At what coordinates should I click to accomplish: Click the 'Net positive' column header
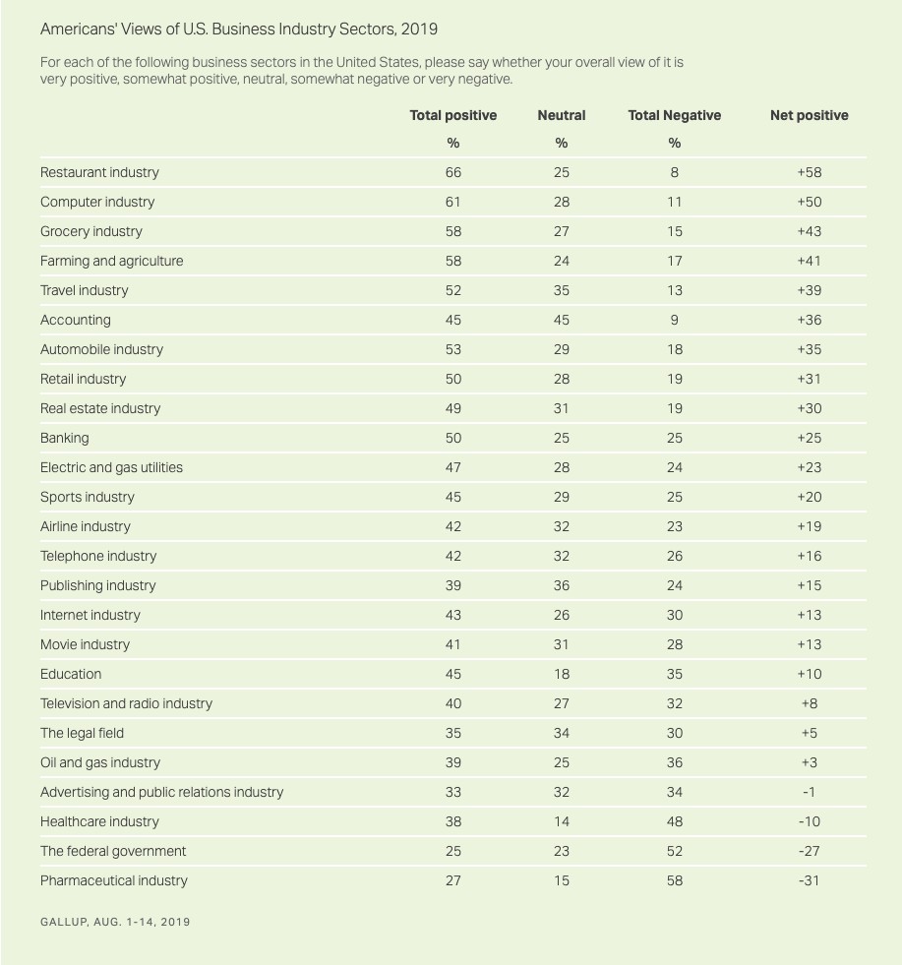(809, 115)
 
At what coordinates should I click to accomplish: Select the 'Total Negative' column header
(674, 115)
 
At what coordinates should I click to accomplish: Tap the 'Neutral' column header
(561, 115)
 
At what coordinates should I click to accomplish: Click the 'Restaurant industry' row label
(99, 172)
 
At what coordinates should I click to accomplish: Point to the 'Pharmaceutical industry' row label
(113, 880)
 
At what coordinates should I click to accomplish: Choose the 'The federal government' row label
(112, 851)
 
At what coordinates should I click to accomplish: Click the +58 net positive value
(809, 172)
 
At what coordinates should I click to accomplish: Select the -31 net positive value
(809, 880)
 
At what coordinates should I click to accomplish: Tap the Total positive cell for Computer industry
(452, 202)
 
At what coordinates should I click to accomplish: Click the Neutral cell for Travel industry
(561, 290)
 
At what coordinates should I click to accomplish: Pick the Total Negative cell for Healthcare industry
(674, 821)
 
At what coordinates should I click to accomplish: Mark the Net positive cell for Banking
(809, 438)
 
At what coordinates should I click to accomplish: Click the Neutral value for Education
(561, 674)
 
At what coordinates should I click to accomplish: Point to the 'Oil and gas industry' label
(99, 762)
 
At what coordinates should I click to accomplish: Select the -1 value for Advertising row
(809, 792)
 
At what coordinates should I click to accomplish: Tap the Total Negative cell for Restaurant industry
(674, 172)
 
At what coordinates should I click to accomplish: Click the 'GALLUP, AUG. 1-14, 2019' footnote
(115, 922)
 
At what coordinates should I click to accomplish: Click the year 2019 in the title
(419, 29)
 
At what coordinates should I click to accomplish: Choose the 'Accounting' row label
(75, 320)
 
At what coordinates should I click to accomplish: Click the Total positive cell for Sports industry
(452, 497)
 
